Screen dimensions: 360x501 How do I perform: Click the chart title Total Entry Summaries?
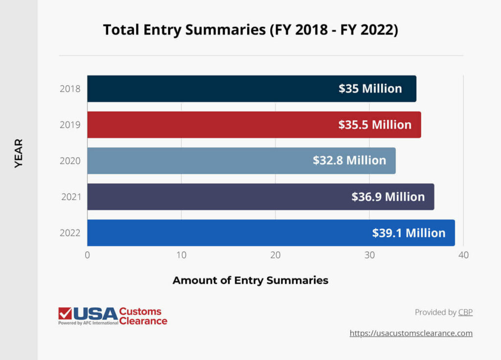point(250,30)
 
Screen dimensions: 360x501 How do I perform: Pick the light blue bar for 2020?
point(196,160)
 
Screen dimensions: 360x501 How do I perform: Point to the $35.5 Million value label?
point(375,125)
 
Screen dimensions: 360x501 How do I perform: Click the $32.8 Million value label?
point(349,160)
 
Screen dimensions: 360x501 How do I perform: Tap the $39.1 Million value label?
point(409,233)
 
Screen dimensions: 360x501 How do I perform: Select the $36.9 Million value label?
point(388,197)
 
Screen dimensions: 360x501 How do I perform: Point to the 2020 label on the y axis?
point(70,161)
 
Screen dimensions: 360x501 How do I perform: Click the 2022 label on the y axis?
point(70,233)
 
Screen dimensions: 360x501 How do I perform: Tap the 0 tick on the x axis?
point(87,255)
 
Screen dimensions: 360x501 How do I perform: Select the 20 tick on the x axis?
point(275,255)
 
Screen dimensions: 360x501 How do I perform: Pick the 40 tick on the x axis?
point(463,255)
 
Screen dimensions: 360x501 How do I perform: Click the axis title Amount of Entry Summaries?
point(250,281)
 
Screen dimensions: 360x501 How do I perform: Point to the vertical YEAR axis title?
point(19,153)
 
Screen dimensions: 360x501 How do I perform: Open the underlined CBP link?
point(465,312)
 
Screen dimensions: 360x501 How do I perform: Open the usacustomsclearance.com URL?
point(411,333)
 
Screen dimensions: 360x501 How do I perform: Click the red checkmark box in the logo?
point(65,313)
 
